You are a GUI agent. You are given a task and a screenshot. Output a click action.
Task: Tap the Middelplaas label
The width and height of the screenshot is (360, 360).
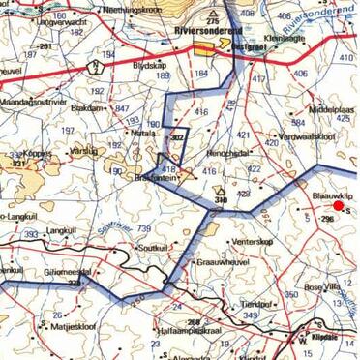point(332,111)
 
